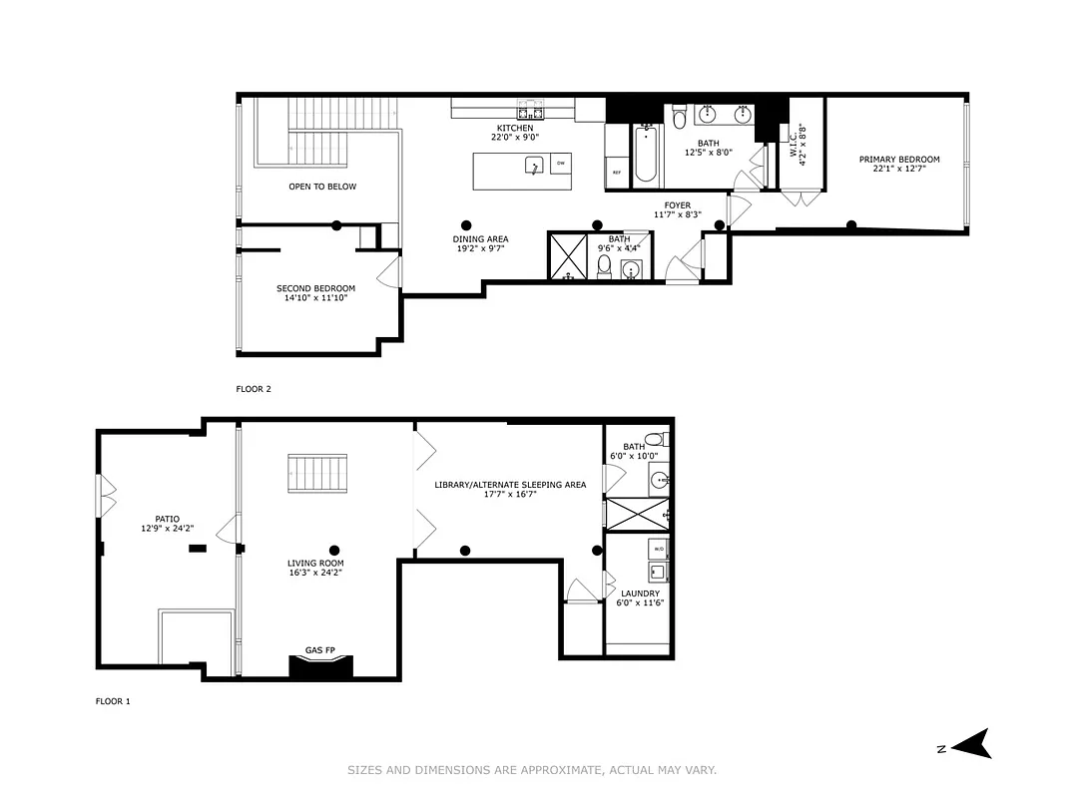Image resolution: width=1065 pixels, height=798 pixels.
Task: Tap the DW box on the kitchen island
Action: (x=560, y=164)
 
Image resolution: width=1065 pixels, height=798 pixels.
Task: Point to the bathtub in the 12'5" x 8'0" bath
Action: (x=646, y=155)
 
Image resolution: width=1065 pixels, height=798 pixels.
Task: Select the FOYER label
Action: (x=678, y=205)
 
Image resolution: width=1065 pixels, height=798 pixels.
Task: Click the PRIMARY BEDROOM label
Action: (x=899, y=160)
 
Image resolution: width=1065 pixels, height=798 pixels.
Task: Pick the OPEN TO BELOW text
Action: (x=321, y=187)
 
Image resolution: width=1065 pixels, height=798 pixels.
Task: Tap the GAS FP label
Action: (x=319, y=650)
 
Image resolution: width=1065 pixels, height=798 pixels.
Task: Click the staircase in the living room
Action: (x=318, y=473)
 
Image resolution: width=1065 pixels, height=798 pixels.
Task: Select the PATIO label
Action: (x=167, y=519)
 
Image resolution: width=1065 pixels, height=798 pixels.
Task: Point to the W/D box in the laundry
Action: (x=658, y=550)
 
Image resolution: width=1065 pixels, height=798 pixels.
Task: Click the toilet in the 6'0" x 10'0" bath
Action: (x=655, y=439)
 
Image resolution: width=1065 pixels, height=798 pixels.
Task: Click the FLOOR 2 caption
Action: (x=254, y=389)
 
